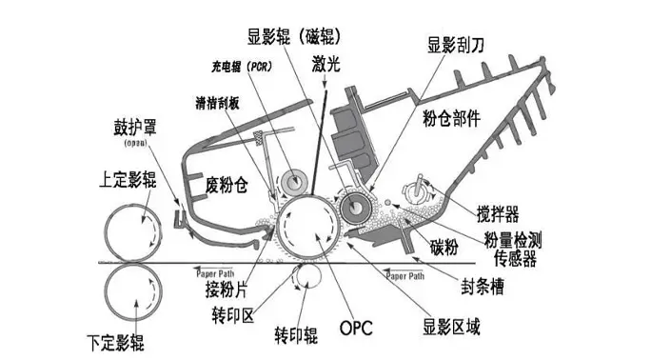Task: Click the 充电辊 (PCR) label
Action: click(241, 69)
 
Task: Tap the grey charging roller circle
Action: click(293, 178)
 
